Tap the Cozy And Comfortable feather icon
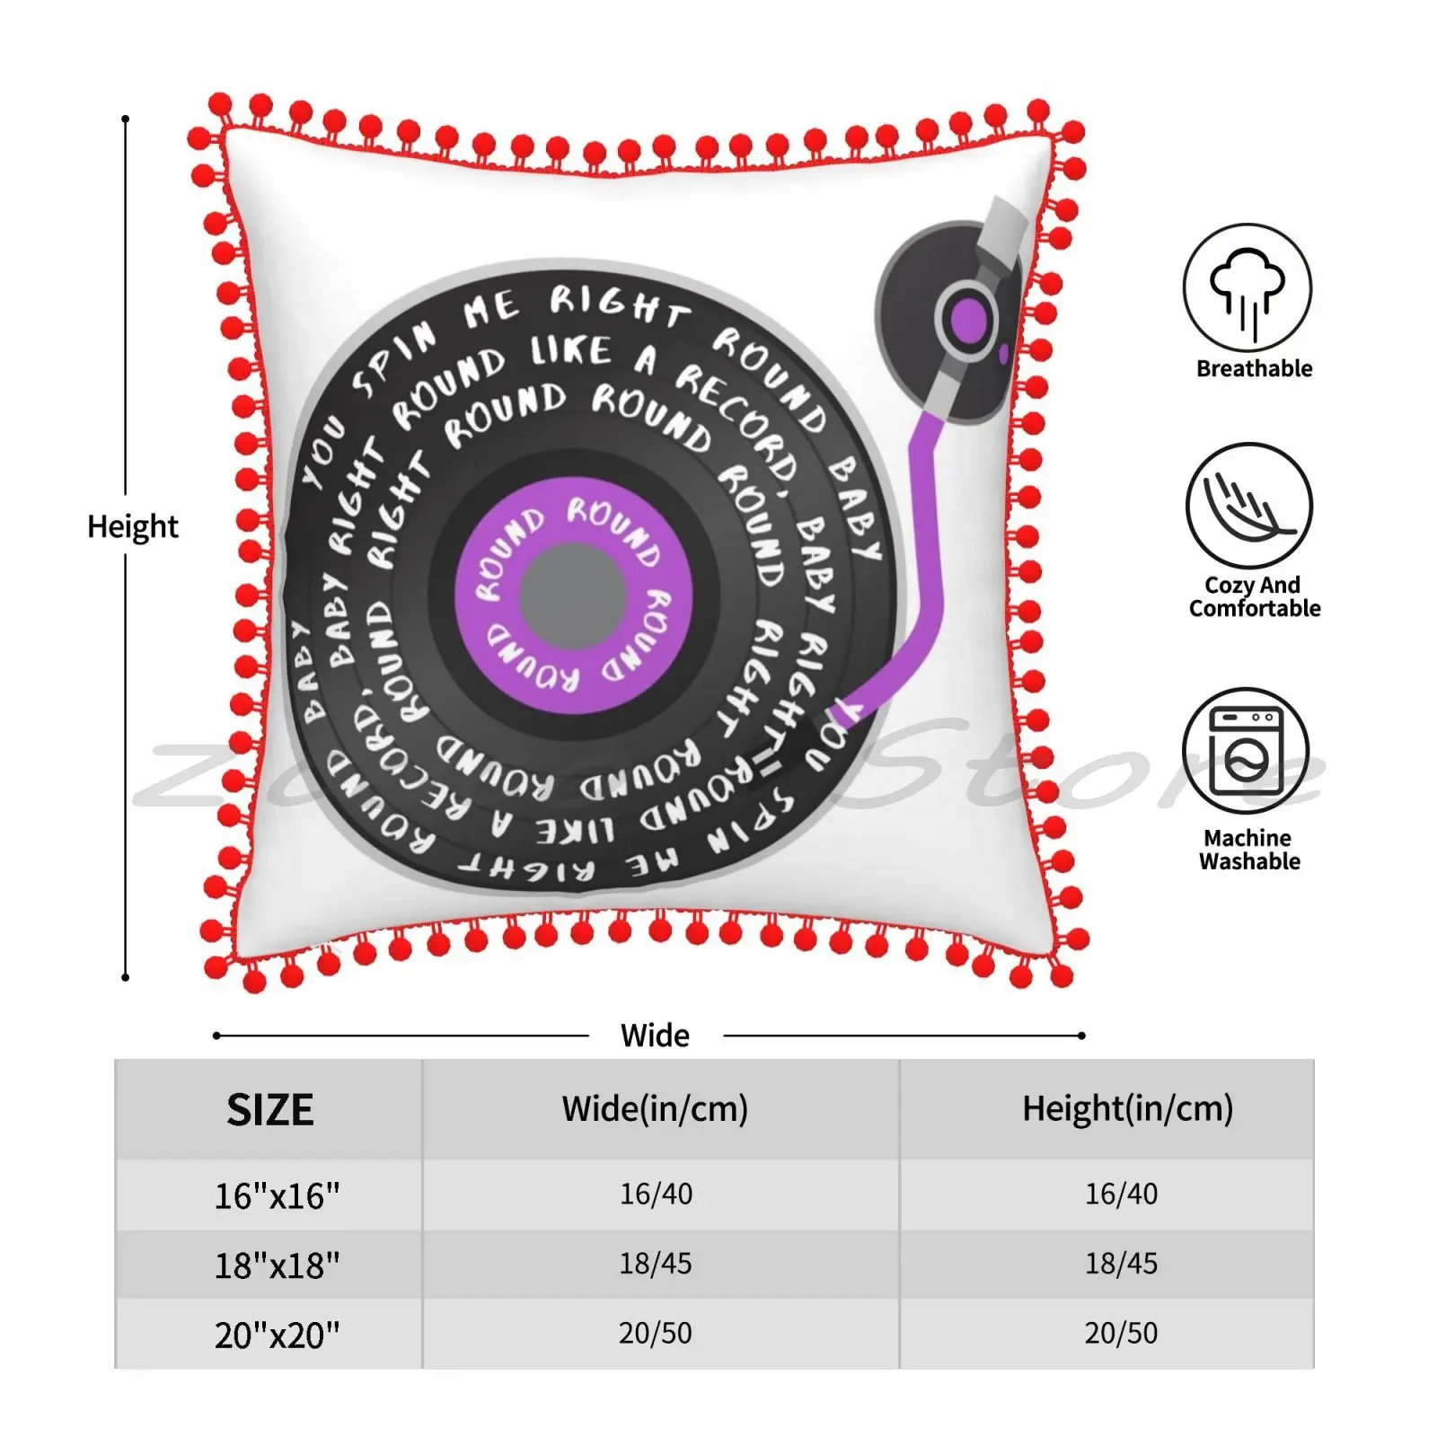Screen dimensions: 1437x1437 click(1248, 506)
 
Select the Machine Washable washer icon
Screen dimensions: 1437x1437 click(1245, 751)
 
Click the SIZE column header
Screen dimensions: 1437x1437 click(269, 1110)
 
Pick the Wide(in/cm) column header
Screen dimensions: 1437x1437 click(655, 1109)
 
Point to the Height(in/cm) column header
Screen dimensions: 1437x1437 click(1127, 1109)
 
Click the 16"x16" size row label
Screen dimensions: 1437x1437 click(277, 1195)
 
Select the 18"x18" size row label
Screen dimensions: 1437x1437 click(277, 1265)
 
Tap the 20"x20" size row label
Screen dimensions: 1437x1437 click(277, 1336)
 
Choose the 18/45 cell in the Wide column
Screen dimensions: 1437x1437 click(656, 1264)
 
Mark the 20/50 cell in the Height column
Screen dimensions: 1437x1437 click(1121, 1333)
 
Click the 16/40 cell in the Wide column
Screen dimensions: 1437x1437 click(656, 1194)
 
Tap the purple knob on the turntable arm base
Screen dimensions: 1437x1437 click(968, 320)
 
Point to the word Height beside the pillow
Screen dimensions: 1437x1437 click(133, 526)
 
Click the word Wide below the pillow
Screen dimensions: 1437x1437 click(655, 1036)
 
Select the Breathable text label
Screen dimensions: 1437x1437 click(1254, 368)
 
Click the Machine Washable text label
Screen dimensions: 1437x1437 click(1249, 850)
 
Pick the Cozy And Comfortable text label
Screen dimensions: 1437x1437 click(1254, 596)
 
